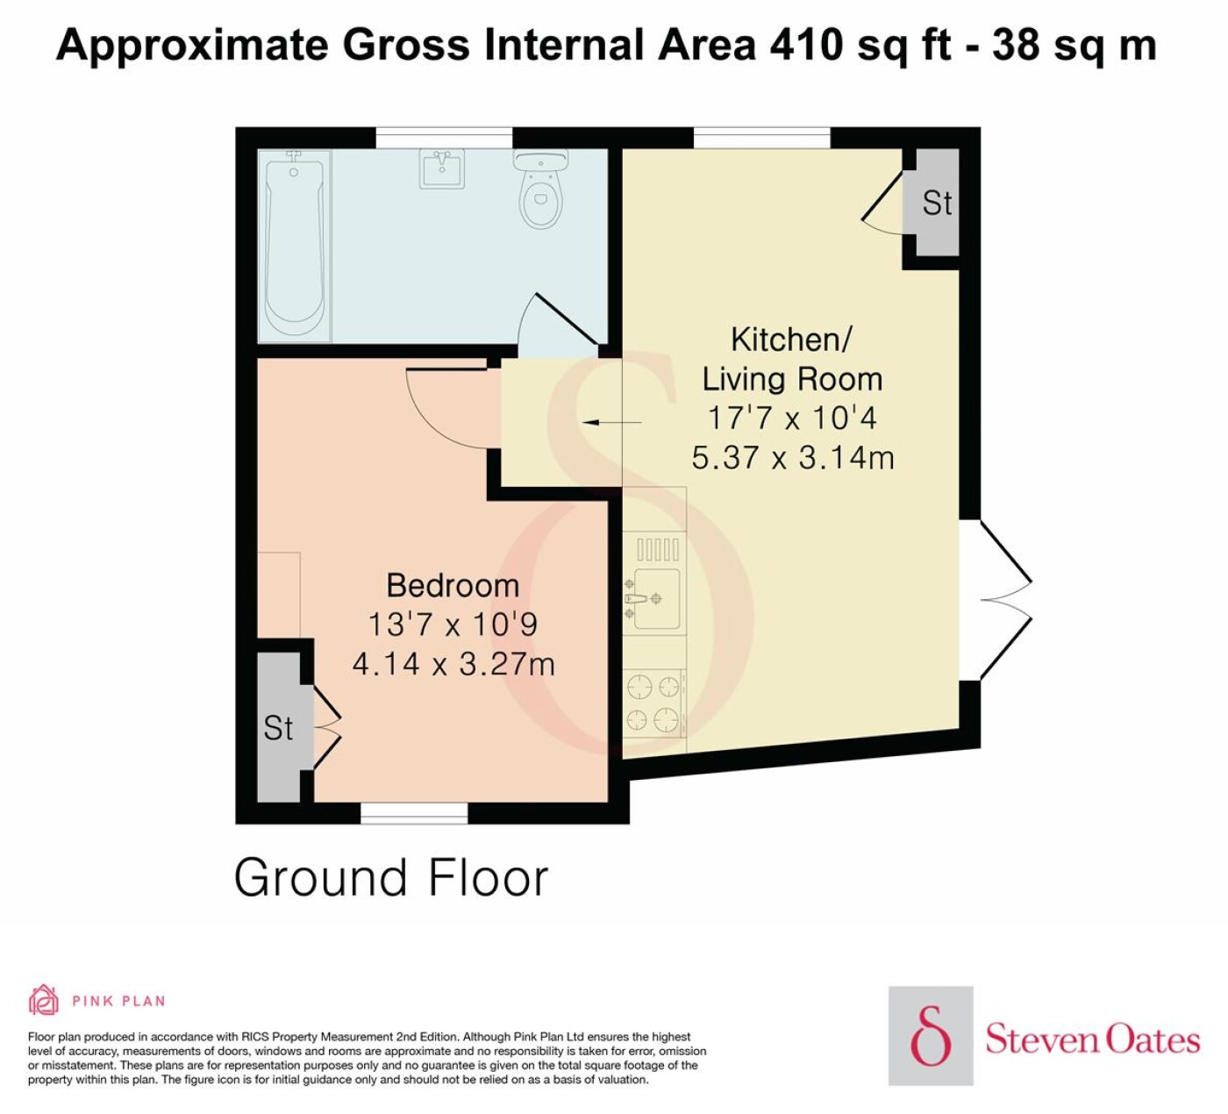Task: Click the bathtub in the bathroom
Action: coord(295,246)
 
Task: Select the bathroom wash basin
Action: coord(442,168)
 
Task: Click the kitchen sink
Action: coord(653,598)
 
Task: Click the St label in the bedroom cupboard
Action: coord(278,728)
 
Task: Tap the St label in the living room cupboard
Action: coord(937,204)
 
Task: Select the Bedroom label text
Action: coord(453,585)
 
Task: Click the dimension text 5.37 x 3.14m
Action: coord(793,458)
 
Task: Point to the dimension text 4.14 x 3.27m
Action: coord(453,664)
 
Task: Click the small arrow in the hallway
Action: coord(611,422)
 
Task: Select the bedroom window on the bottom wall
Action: coord(414,812)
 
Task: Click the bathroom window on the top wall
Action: coord(444,138)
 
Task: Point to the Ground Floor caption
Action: coord(391,878)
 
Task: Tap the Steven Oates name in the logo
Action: coord(1092,1040)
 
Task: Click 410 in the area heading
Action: coord(804,46)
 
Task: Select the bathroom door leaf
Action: coord(567,319)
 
